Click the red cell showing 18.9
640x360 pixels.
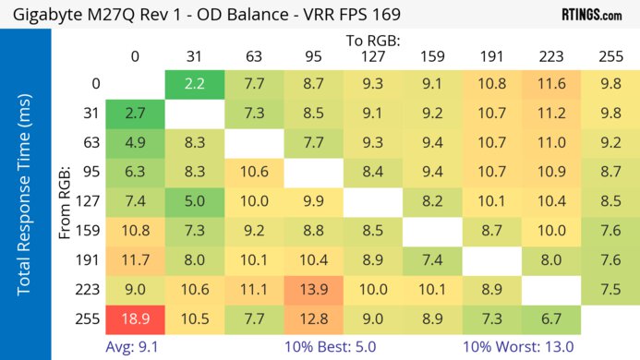(x=135, y=318)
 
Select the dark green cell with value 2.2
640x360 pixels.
(x=195, y=84)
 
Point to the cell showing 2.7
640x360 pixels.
(x=135, y=114)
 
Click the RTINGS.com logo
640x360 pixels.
(x=597, y=15)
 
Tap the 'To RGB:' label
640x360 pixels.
(x=373, y=41)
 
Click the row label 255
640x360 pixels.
(x=90, y=319)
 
